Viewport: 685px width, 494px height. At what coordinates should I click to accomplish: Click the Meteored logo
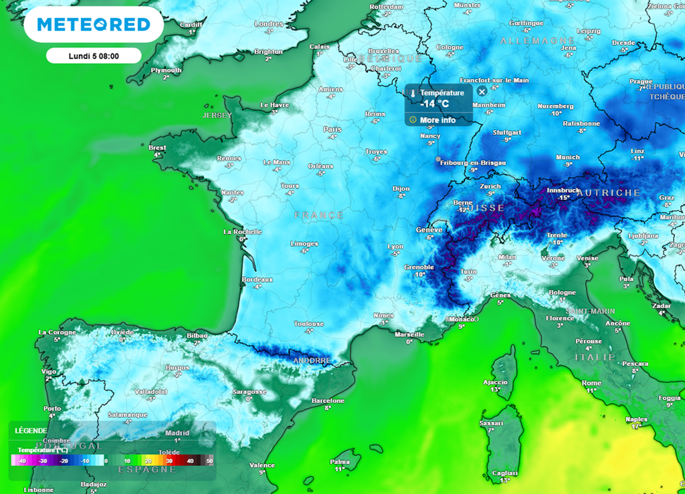pyautogui.click(x=93, y=25)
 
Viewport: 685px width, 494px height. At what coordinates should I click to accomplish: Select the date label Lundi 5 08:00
pyautogui.click(x=94, y=55)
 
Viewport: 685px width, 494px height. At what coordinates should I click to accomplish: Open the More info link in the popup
pyautogui.click(x=437, y=120)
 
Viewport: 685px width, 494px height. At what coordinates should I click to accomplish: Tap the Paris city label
pyautogui.click(x=332, y=129)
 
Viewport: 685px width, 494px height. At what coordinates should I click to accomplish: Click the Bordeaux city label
pyautogui.click(x=257, y=279)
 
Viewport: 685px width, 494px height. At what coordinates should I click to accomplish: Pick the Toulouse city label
pyautogui.click(x=309, y=324)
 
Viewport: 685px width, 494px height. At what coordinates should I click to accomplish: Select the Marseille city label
pyautogui.click(x=409, y=334)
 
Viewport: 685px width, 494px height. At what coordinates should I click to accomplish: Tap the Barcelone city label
pyautogui.click(x=328, y=400)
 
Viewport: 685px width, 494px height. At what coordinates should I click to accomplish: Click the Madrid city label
pyautogui.click(x=177, y=433)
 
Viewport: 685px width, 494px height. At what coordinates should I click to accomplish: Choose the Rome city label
pyautogui.click(x=591, y=382)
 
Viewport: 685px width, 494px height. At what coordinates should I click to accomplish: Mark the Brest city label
pyautogui.click(x=157, y=148)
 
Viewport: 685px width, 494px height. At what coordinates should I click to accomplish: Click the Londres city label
pyautogui.click(x=269, y=24)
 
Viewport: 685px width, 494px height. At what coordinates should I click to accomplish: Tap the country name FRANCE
pyautogui.click(x=319, y=215)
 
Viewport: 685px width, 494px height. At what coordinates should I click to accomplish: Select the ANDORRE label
pyautogui.click(x=312, y=360)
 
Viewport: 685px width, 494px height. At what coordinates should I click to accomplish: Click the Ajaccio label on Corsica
pyautogui.click(x=495, y=382)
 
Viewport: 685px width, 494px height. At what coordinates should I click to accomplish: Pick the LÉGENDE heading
pyautogui.click(x=31, y=430)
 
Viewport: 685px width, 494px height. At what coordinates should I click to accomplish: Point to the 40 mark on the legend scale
pyautogui.click(x=190, y=461)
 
